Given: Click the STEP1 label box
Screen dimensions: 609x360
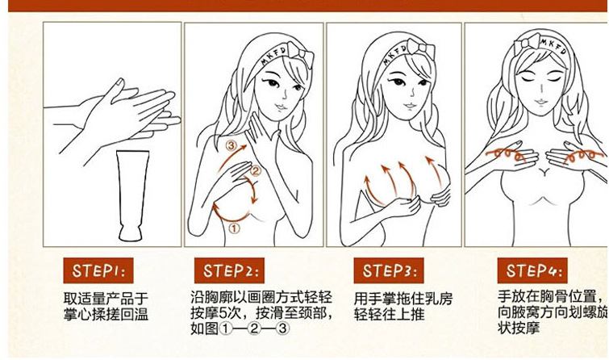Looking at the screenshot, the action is click(98, 270).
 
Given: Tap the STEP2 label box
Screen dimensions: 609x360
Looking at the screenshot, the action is click(229, 270).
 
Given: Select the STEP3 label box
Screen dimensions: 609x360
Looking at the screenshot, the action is click(389, 270).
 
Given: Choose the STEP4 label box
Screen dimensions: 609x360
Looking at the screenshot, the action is click(532, 270).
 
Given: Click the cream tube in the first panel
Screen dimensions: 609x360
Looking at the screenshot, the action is click(132, 195).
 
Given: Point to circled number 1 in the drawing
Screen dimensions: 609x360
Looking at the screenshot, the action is click(234, 228).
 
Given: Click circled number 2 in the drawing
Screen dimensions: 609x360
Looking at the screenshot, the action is click(255, 170).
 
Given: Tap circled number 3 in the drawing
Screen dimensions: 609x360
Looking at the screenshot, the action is click(231, 145).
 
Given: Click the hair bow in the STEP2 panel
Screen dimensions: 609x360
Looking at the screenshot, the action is click(302, 53).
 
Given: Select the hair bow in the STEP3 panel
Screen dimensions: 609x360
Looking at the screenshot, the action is click(421, 49).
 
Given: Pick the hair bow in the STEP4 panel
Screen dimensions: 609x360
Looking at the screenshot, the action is click(528, 44).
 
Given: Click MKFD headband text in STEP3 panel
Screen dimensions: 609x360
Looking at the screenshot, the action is click(394, 54).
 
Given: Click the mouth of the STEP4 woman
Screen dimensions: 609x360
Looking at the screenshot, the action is click(540, 103).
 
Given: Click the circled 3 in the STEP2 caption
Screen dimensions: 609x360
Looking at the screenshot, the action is click(282, 329).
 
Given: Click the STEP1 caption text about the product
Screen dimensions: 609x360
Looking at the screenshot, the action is click(106, 307).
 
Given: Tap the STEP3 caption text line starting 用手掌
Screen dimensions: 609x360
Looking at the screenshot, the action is click(403, 299).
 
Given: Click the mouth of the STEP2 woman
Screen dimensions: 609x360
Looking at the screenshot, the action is click(281, 107).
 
